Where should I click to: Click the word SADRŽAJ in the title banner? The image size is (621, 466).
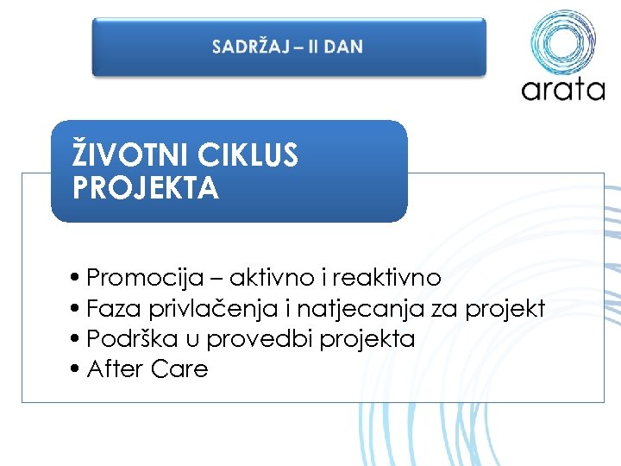tap(247, 47)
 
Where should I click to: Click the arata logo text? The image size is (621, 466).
tap(562, 90)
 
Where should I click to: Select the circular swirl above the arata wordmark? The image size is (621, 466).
tap(562, 41)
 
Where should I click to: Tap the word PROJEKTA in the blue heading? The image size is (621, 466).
tap(146, 188)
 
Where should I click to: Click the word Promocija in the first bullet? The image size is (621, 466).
tap(135, 278)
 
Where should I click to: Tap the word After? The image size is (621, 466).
tap(115, 368)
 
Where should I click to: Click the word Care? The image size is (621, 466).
tap(179, 368)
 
